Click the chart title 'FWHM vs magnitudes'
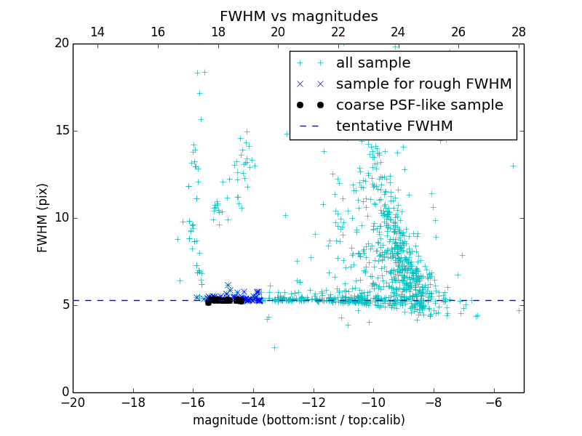click(298, 16)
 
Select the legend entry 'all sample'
click(373, 63)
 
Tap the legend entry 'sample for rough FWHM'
click(423, 84)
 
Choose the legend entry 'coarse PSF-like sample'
click(419, 105)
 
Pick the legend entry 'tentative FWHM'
click(394, 126)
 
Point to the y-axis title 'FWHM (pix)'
click(43, 217)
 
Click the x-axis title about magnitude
click(298, 421)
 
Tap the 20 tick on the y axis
click(61, 44)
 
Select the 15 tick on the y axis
click(61, 131)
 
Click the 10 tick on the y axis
click(61, 218)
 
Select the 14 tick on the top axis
click(97, 32)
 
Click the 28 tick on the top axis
click(518, 32)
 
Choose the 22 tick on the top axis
click(338, 32)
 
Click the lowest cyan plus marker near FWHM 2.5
click(274, 347)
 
